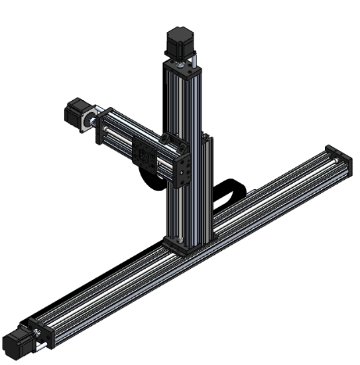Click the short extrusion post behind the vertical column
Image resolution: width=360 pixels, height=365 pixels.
(208, 186)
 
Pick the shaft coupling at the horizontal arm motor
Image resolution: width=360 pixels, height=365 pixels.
(93, 121)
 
